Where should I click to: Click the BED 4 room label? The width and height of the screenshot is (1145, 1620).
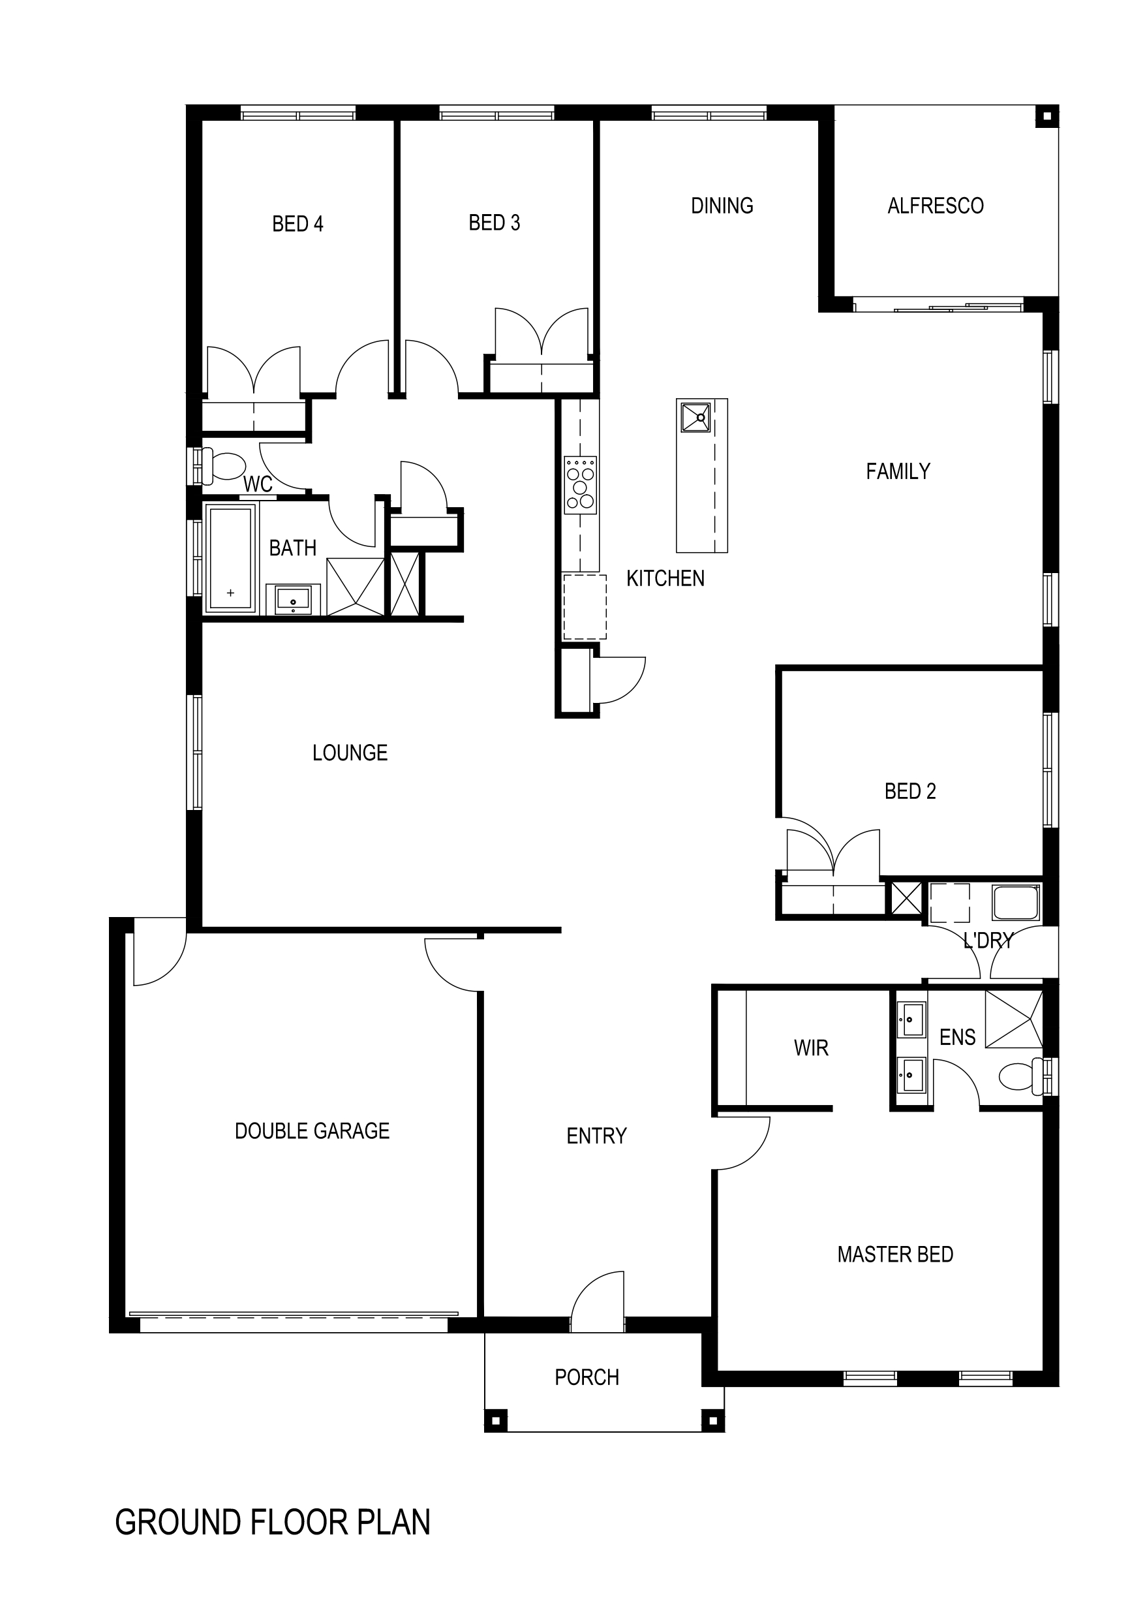coord(298,224)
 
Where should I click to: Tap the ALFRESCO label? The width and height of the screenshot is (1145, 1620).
coord(936,206)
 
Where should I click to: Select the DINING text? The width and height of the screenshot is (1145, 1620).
coord(722,206)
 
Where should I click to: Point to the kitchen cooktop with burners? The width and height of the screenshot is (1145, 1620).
coord(581,485)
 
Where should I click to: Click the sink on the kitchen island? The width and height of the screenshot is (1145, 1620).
coord(695,416)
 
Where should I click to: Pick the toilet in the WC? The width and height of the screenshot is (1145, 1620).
coord(223,465)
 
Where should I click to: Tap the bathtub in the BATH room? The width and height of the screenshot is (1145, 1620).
coord(230,557)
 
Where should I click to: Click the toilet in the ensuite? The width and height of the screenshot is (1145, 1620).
coord(1020,1077)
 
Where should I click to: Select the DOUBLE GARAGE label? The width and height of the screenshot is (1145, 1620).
coord(312,1131)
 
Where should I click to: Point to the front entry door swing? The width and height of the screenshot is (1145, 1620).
coord(597,1301)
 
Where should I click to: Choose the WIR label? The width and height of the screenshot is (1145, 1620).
coord(812,1048)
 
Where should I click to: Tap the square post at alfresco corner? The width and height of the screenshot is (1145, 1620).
coord(1047,116)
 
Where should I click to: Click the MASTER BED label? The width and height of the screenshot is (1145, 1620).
coord(895,1254)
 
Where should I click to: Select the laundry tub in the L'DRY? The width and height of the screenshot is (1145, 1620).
coord(1016,903)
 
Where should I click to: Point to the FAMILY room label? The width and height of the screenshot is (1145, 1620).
coord(898,471)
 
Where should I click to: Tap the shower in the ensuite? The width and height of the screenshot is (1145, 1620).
coord(1013,1020)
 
